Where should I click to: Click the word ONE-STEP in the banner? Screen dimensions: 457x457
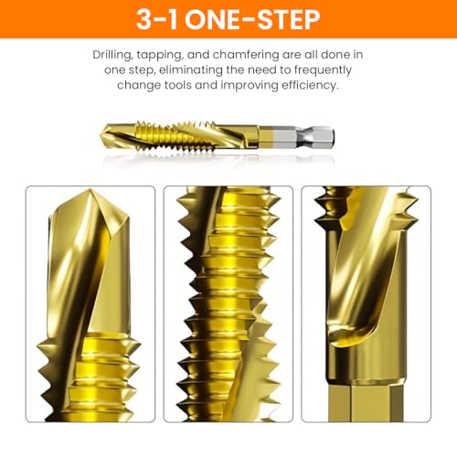coord(252,19)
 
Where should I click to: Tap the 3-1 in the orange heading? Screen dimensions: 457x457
coord(156,19)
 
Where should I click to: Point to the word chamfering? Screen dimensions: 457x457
coord(246,55)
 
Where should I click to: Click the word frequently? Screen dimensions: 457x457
coord(323,70)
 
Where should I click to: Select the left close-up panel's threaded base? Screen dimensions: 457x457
coord(89,377)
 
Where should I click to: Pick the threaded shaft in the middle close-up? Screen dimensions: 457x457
coord(228,304)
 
